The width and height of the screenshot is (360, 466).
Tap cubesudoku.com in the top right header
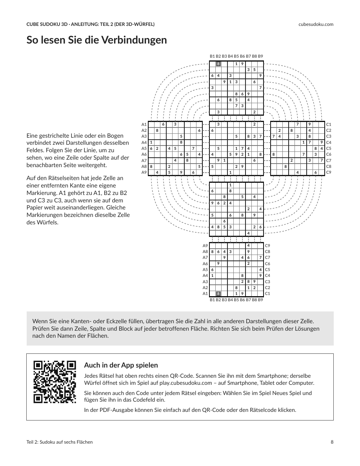pyautogui.click(x=316, y=24)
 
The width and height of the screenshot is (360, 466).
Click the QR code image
pyautogui.click(x=55, y=382)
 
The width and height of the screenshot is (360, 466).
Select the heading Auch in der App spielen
pyautogui.click(x=121, y=365)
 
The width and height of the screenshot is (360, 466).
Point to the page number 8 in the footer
pyautogui.click(x=332, y=442)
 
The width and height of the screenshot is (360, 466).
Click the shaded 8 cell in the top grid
pyautogui.click(x=218, y=64)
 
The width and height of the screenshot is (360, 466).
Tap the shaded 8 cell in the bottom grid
pyautogui.click(x=218, y=294)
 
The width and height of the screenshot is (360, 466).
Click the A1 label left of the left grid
pyautogui.click(x=144, y=124)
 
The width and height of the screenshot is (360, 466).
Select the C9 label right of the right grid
pyautogui.click(x=329, y=172)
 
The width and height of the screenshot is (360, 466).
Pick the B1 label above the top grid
pyautogui.click(x=212, y=56)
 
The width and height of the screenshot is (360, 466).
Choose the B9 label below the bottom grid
pyautogui.click(x=260, y=300)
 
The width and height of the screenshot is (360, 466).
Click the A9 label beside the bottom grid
pyautogui.click(x=205, y=246)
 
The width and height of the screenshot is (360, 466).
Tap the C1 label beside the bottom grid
pyautogui.click(x=267, y=294)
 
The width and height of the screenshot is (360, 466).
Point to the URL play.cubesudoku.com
pyautogui.click(x=185, y=383)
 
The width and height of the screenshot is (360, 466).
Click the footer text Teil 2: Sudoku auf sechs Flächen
pyautogui.click(x=59, y=442)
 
